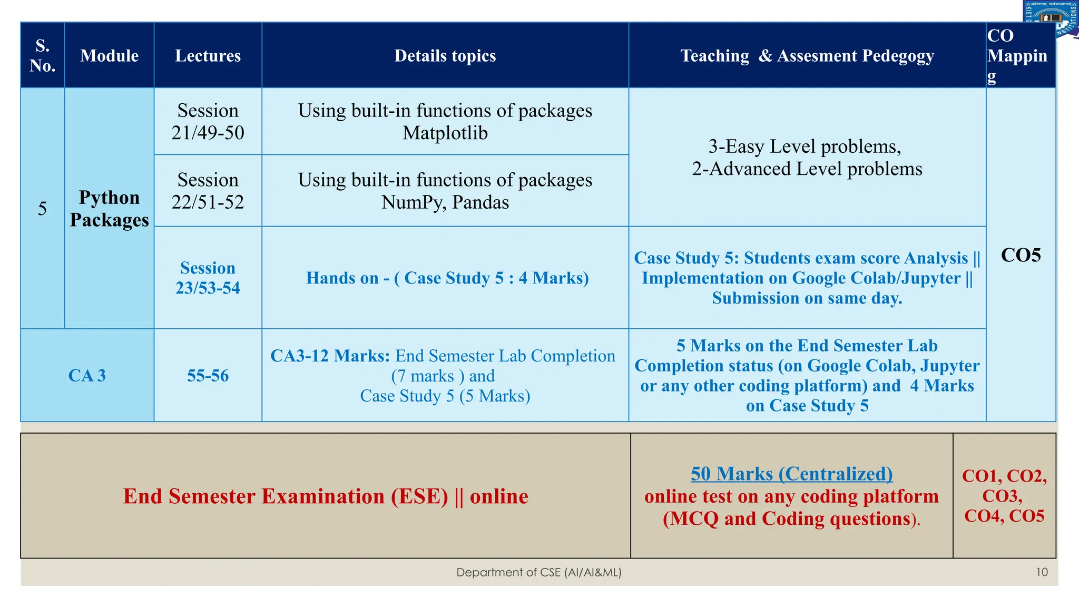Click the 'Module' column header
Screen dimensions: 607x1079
point(109,55)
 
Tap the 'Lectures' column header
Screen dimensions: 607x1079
point(208,55)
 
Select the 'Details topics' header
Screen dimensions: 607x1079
point(445,55)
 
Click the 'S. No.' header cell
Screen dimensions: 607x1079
point(42,55)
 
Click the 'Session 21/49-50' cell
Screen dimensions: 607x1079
point(208,121)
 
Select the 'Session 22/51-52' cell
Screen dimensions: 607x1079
point(208,191)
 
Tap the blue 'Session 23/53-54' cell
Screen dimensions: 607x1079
point(208,278)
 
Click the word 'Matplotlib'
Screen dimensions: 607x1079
point(445,133)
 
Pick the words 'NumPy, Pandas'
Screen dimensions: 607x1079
point(445,202)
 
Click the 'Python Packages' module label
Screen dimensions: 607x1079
point(109,209)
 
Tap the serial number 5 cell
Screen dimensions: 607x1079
point(42,209)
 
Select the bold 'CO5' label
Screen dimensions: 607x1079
point(1021,255)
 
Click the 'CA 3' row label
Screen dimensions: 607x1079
point(87,375)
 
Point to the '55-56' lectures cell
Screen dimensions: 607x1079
point(208,375)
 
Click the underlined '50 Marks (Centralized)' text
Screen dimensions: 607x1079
point(791,473)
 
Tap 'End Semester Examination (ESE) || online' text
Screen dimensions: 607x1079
point(326,496)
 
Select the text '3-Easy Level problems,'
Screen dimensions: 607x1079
point(805,146)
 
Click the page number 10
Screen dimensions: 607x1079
point(1042,572)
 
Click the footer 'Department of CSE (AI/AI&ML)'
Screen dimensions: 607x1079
point(538,572)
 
